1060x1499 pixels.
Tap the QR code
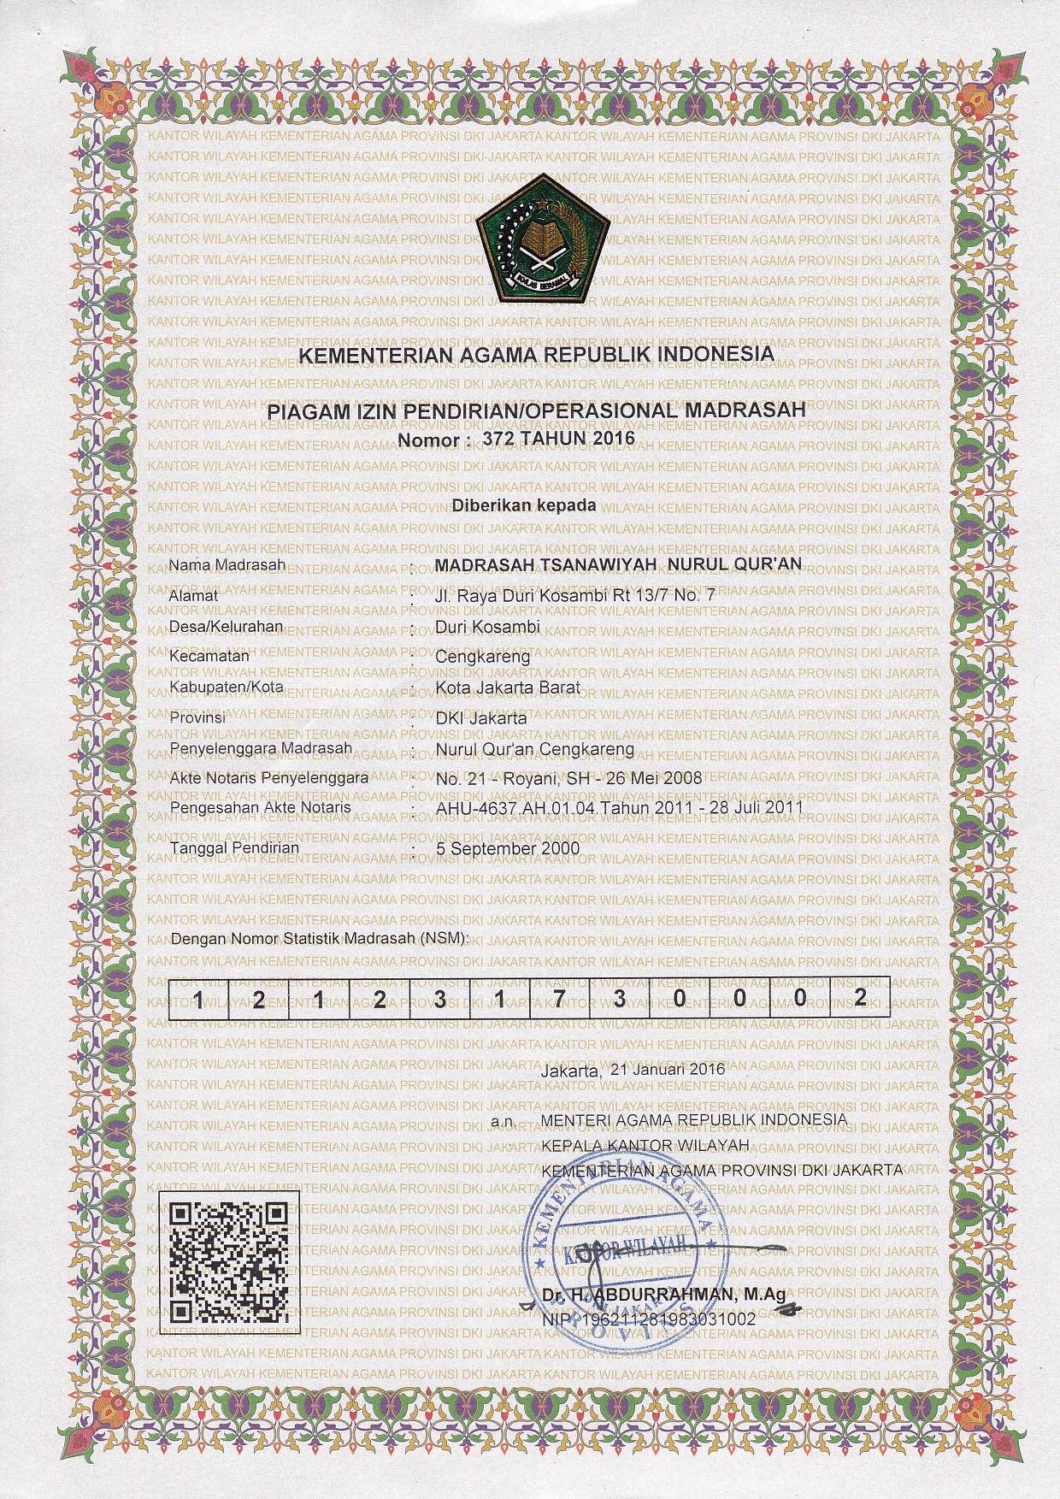(227, 1262)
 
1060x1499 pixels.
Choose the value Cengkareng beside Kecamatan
(482, 658)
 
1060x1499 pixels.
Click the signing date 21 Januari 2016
(662, 1070)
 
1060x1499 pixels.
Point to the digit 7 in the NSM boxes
(557, 999)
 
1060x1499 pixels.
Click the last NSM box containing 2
(860, 999)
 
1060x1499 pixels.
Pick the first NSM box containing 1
(197, 999)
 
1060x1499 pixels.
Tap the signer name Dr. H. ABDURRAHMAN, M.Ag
(663, 1295)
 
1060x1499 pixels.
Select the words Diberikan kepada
(524, 505)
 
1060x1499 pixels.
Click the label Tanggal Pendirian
(235, 848)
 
